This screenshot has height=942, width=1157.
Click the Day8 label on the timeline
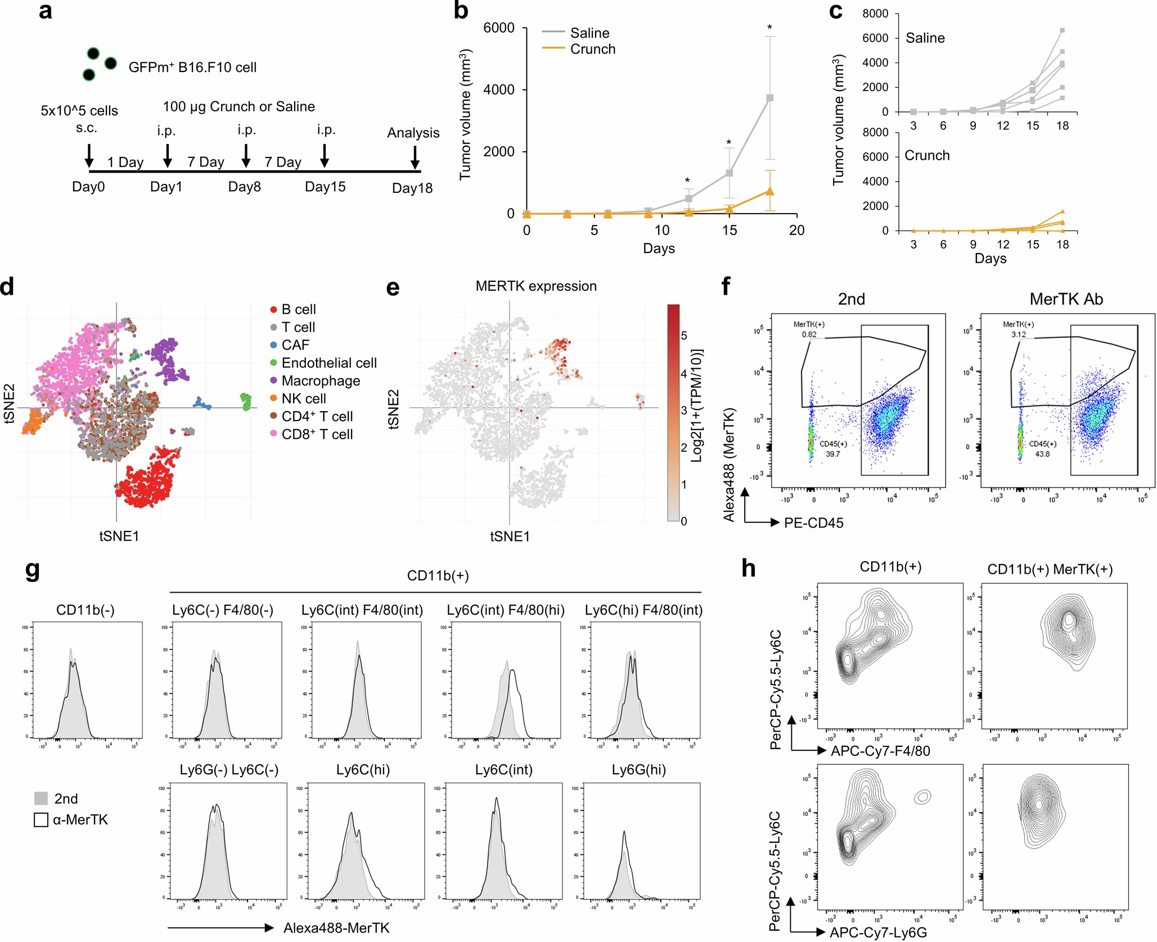244,187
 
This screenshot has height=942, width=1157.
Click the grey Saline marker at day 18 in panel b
769,98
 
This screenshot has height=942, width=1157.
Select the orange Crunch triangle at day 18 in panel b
769,192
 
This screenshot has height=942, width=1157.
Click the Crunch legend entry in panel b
592,49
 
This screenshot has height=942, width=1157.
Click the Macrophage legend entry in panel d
321,381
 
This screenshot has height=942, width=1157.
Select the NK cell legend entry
304,399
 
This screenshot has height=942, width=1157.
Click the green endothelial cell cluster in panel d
246,401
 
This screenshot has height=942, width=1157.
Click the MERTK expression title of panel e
535,286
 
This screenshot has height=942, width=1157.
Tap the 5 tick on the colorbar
684,336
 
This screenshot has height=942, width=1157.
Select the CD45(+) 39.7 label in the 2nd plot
832,449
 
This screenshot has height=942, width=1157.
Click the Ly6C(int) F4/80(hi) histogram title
505,610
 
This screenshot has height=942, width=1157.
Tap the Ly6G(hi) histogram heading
638,770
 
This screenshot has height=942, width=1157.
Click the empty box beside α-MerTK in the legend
41,820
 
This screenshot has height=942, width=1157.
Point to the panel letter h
748,569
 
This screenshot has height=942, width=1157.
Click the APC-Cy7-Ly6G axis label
878,932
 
